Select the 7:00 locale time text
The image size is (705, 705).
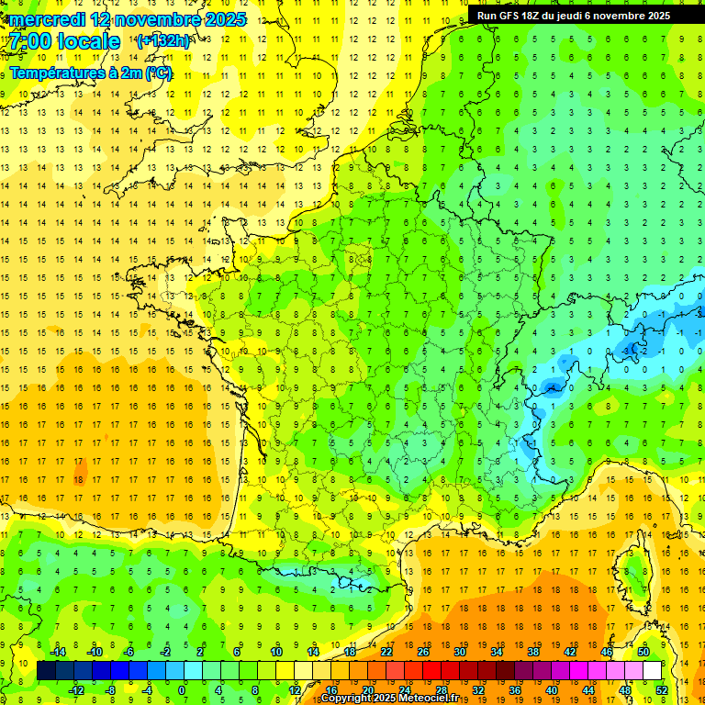(x=65, y=41)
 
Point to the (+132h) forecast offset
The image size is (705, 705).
(x=162, y=41)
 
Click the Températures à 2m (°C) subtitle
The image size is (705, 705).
(x=91, y=73)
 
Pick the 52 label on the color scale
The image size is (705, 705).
(x=662, y=690)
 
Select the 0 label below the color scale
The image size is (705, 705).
(x=181, y=690)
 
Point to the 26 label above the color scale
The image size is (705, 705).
(x=423, y=652)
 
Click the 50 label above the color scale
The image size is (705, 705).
(x=643, y=652)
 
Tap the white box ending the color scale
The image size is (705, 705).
(x=652, y=671)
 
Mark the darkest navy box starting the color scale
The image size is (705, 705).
(x=46, y=671)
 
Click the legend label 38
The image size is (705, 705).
(x=532, y=652)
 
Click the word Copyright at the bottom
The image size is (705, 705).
(x=347, y=699)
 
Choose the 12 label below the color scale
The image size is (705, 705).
(x=295, y=690)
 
